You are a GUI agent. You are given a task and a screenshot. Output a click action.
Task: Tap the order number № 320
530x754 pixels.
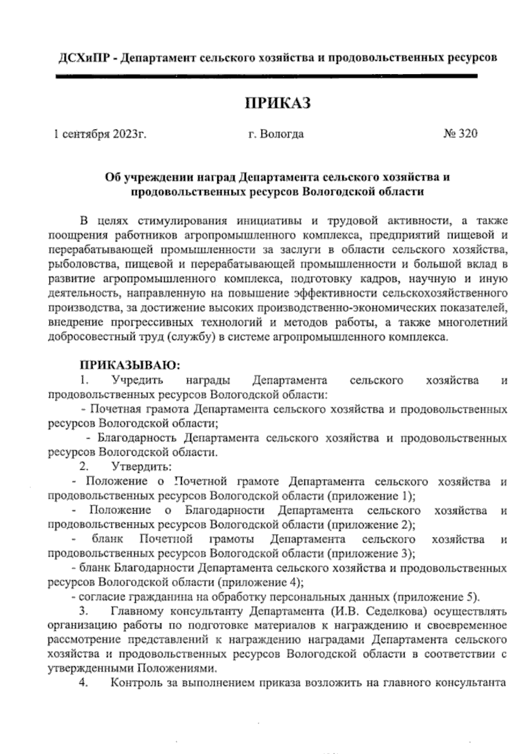coord(460,134)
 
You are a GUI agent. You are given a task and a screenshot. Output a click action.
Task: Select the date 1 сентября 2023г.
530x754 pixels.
coord(100,134)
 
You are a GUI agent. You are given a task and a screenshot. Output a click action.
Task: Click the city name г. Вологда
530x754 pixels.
coord(276,134)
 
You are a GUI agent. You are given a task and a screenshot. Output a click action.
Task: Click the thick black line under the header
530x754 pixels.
coord(266,76)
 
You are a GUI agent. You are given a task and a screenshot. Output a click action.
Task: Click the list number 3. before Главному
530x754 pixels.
coord(84,612)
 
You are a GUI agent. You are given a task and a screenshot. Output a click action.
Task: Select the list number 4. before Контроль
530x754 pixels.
coord(84,684)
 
